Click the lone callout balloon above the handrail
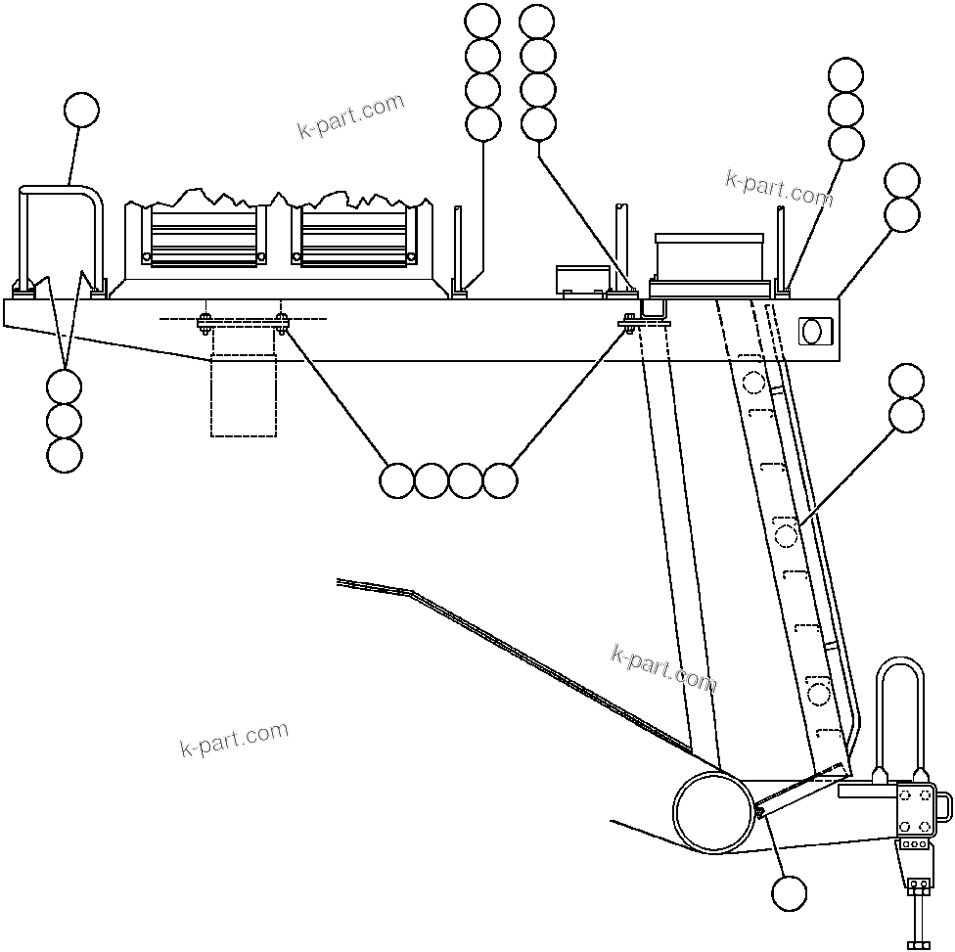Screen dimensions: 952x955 [x=80, y=111]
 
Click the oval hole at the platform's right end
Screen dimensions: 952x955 [x=811, y=331]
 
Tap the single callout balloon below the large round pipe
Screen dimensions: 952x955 [x=789, y=892]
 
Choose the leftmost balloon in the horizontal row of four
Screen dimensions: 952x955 [x=396, y=480]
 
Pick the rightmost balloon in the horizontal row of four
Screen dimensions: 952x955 [x=500, y=480]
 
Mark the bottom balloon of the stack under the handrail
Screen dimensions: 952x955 [x=65, y=455]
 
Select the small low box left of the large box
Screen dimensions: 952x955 [x=582, y=279]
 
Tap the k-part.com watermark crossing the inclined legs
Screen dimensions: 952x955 [x=663, y=667]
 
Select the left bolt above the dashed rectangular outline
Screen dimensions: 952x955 [x=205, y=322]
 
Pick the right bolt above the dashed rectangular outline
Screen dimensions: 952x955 [x=282, y=322]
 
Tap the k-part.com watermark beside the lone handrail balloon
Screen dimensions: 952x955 [x=350, y=116]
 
